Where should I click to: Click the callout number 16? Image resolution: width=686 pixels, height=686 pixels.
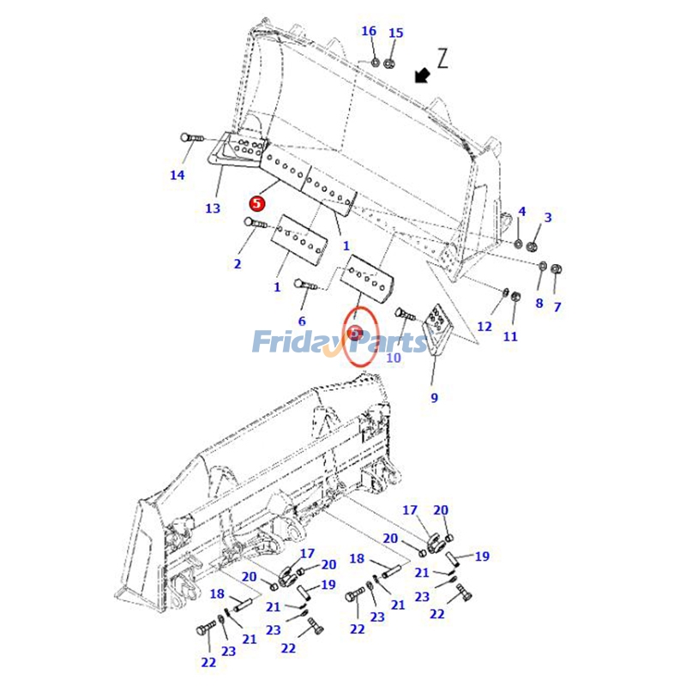(369, 31)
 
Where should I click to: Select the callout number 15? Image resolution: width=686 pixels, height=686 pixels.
(396, 33)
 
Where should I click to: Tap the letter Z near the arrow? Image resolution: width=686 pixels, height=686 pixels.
(442, 58)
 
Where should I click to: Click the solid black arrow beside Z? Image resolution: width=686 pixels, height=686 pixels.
(422, 75)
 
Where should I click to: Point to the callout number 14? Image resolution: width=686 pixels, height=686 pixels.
(178, 175)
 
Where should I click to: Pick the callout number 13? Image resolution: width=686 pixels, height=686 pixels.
(213, 208)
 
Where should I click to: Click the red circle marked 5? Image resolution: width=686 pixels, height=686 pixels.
(257, 203)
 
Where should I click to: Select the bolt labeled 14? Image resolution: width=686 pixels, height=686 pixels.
(192, 138)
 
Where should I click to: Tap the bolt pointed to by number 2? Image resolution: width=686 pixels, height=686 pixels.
(256, 223)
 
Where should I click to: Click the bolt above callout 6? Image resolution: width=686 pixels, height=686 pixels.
(306, 285)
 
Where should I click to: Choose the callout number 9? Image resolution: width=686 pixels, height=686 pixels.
(434, 398)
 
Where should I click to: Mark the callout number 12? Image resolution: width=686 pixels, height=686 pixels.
(484, 327)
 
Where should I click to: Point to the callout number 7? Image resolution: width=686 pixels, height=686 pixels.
(557, 307)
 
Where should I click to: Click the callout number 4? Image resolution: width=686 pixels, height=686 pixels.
(522, 212)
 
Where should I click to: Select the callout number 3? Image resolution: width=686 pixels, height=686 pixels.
(548, 218)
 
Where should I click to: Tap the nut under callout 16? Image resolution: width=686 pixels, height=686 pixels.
(375, 63)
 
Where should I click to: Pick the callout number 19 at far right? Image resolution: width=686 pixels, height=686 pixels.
(482, 557)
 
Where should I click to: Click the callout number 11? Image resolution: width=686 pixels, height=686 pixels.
(510, 336)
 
